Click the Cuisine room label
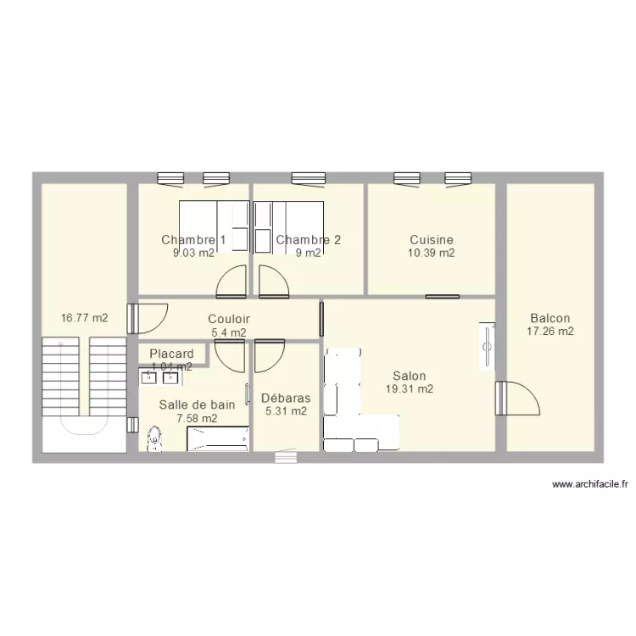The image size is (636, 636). tap(431, 239)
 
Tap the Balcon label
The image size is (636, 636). tap(550, 318)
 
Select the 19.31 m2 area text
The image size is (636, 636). tap(410, 389)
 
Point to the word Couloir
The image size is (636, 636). tap(229, 319)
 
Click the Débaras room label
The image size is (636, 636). tap(286, 398)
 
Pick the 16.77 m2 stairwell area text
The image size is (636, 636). tap(84, 318)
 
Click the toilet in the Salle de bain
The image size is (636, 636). tap(154, 438)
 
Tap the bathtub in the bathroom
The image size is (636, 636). tap(218, 438)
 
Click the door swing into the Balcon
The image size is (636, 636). tap(518, 399)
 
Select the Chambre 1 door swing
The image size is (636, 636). tap(232, 282)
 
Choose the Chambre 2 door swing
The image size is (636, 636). tap(274, 282)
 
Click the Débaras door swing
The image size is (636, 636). tap(270, 355)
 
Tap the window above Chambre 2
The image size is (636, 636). tap(309, 179)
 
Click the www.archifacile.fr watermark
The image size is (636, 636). tap(590, 484)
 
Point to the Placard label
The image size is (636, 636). tap(171, 354)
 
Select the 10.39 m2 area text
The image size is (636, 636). tap(431, 253)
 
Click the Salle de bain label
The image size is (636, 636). tap(197, 404)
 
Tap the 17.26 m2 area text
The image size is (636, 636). tap(550, 332)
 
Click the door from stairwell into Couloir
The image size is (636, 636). tap(148, 319)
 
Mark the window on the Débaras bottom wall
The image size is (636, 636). tap(286, 456)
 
